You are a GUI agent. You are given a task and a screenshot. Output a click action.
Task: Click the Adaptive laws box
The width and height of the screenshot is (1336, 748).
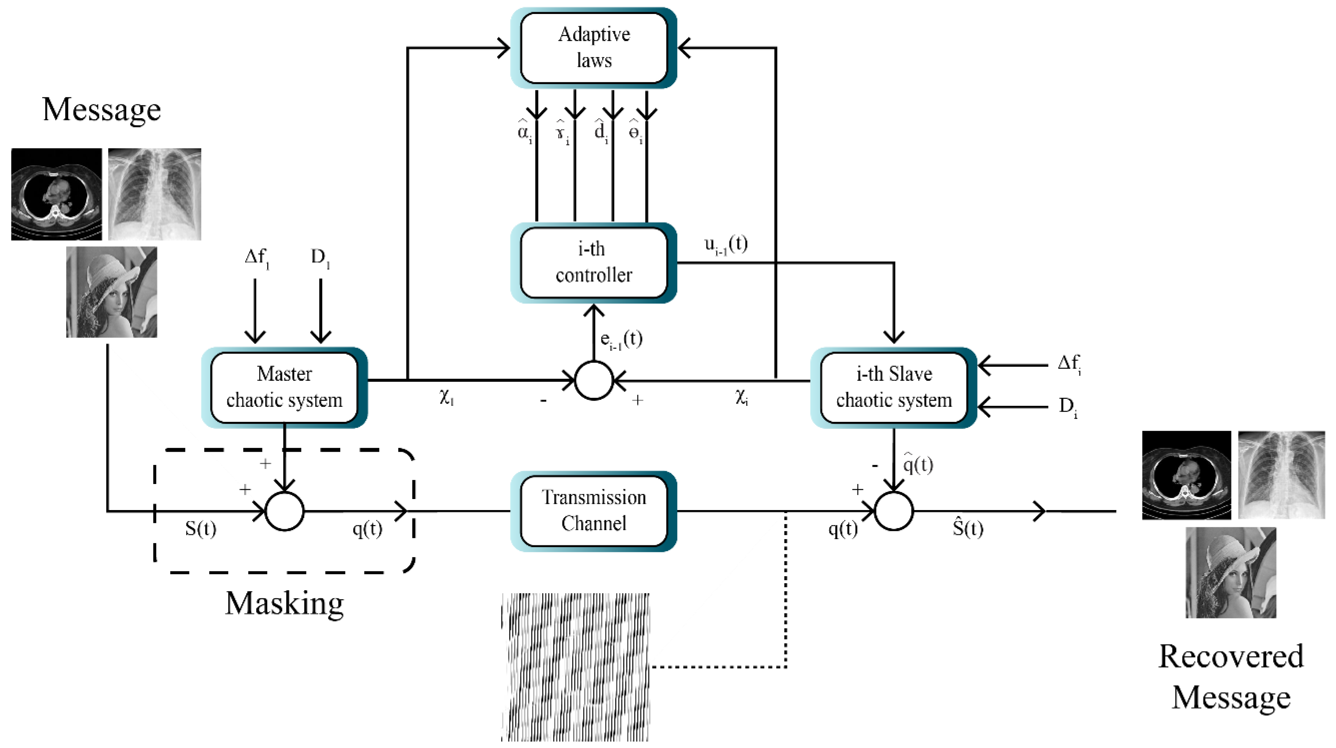pos(593,48)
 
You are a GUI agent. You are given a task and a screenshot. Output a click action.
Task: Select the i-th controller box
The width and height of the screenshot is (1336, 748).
pos(593,263)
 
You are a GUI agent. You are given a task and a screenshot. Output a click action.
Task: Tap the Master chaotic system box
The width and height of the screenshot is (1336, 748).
pos(284,387)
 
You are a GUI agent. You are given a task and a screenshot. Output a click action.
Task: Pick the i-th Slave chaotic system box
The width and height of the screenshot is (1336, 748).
pos(894,387)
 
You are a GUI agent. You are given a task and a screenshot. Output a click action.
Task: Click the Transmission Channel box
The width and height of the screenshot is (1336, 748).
pos(593,511)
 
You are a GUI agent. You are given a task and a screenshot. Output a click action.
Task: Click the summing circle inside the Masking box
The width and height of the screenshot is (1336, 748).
pos(284,511)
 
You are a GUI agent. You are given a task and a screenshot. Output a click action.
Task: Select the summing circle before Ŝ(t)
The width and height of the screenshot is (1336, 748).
pos(894,511)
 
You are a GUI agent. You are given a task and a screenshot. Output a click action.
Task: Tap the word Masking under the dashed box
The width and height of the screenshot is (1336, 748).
pos(284,603)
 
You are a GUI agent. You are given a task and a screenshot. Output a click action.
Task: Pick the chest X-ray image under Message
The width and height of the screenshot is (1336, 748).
pos(155,194)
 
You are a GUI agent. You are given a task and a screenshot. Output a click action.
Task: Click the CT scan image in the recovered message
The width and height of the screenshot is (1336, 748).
pos(1186,475)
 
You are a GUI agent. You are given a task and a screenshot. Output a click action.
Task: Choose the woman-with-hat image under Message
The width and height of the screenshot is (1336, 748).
pos(112,292)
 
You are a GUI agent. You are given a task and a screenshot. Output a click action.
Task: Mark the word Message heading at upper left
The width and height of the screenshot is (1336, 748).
pos(102,110)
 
